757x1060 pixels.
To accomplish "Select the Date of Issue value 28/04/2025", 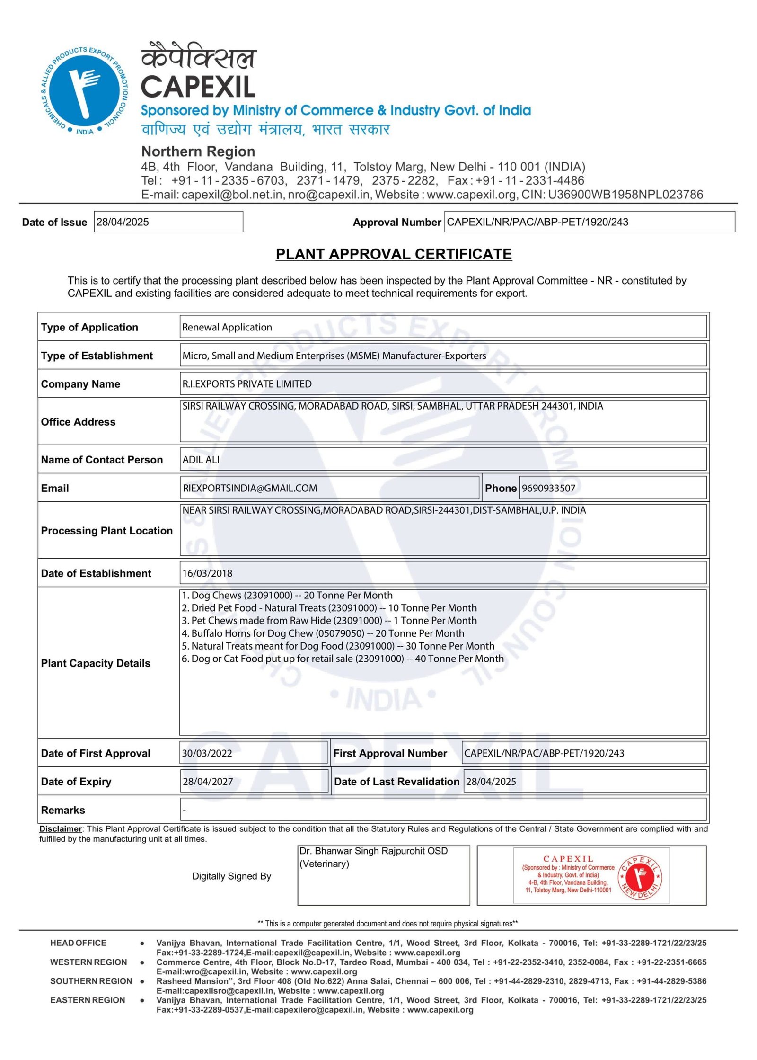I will click(x=123, y=222).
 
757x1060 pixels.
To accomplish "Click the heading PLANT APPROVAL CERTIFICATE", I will click(x=394, y=254).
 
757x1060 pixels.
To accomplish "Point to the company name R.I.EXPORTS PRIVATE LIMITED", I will click(x=247, y=384).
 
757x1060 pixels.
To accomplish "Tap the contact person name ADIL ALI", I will click(x=201, y=460).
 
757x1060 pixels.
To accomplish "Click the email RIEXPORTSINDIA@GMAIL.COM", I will click(x=250, y=488).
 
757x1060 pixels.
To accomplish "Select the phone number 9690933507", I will click(x=548, y=488).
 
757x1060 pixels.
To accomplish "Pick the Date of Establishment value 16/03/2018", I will click(x=207, y=573).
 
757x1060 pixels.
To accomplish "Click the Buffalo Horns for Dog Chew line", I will click(x=323, y=633).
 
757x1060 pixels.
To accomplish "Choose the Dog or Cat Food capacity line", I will click(x=343, y=659).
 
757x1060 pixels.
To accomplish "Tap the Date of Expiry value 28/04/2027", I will click(x=208, y=782).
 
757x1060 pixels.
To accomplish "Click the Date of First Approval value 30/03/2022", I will click(x=207, y=753).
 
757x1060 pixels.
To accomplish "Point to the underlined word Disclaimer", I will click(x=61, y=828).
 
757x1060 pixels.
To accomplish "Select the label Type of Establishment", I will click(x=97, y=356).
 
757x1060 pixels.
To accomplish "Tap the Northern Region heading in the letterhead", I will click(x=198, y=151).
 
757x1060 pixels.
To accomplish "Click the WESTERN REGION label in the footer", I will click(x=88, y=962).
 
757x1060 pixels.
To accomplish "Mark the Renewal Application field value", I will click(x=227, y=327).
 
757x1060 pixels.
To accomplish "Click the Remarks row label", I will click(x=63, y=810).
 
